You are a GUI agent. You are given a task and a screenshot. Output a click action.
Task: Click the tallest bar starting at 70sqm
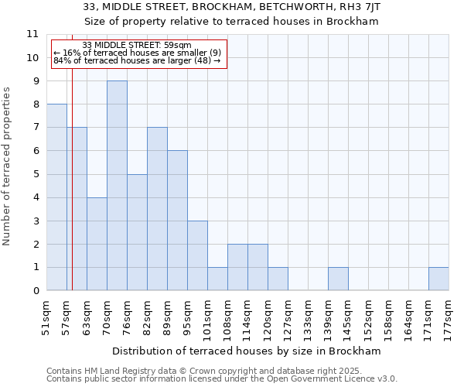coord(117,186)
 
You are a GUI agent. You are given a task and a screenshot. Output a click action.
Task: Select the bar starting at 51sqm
coord(56,197)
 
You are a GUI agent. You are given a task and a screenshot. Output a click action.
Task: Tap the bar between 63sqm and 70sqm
coord(97,244)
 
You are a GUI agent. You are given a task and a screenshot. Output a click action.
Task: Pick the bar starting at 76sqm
coord(137,232)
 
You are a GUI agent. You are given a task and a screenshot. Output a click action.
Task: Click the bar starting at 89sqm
coord(177,221)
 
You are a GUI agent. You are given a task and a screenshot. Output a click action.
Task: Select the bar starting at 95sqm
coord(197,255)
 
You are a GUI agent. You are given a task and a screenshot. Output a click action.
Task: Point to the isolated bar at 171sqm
coord(438,279)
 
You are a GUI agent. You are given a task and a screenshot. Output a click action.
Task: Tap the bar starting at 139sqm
coord(338,279)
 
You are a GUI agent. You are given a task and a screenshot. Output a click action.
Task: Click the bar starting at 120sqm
coord(278,279)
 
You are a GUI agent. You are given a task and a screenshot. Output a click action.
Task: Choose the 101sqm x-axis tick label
coord(208,315)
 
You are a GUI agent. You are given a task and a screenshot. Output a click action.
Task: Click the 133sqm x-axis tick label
coord(309,315)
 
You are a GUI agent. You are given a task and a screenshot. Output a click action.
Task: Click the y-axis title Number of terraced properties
coord(8,166)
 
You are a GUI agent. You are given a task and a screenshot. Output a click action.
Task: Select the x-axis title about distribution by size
coord(247,351)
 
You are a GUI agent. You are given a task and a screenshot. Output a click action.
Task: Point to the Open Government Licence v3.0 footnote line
coord(222,379)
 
